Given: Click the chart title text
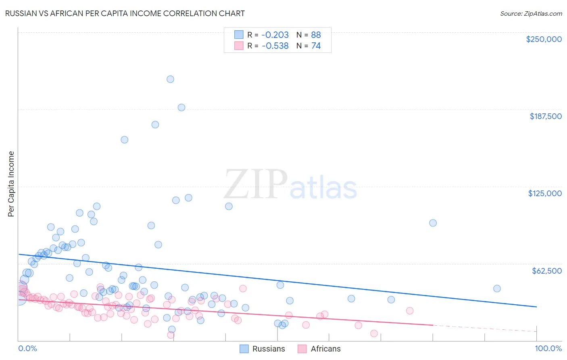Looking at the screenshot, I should tap(125, 13).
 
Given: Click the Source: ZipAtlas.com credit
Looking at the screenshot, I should tap(531, 13).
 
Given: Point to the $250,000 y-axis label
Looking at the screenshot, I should tap(544, 39).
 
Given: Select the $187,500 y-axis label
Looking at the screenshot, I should tap(546, 116).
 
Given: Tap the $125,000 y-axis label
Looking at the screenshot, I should tap(545, 193).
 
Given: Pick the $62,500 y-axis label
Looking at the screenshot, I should tap(547, 271).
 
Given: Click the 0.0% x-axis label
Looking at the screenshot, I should tap(27, 348).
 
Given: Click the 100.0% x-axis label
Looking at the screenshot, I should tap(548, 348).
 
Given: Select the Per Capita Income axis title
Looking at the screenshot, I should tap(11, 184).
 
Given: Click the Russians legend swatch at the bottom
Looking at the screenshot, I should tap(244, 349).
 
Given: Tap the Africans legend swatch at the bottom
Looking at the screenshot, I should tap(302, 349).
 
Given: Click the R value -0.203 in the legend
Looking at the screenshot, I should tap(275, 35).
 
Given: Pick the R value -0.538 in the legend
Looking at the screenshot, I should tap(275, 46).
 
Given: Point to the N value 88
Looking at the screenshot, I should tap(316, 35).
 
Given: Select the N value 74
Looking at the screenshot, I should tap(316, 46).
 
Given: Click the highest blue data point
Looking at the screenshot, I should tap(170, 79).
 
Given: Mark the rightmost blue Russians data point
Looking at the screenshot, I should tap(497, 289).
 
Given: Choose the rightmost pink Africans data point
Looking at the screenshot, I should tap(410, 311).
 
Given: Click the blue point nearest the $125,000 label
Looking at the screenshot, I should tap(433, 223).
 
